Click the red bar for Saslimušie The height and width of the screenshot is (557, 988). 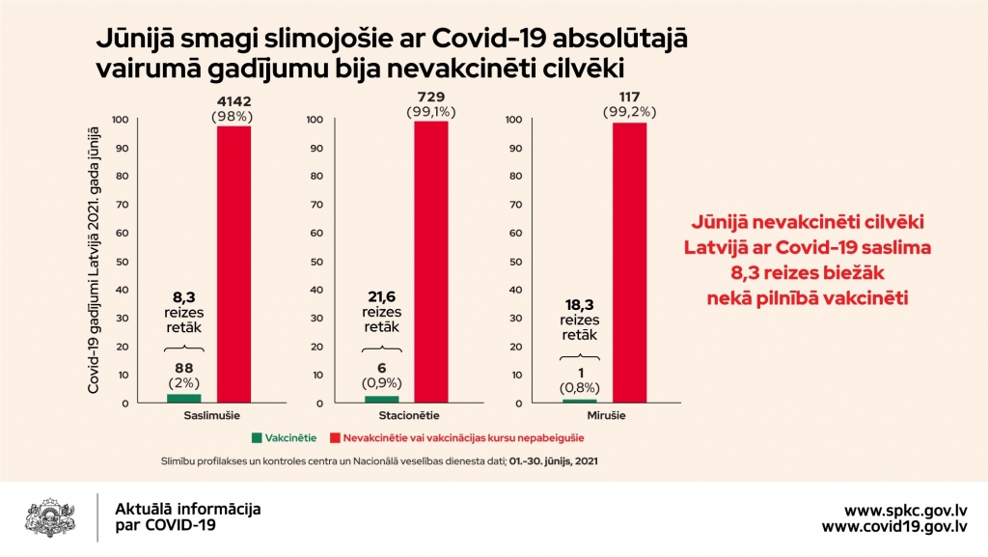click(233, 264)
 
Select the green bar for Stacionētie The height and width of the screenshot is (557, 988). click(381, 399)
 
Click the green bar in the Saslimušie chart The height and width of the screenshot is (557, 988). click(182, 398)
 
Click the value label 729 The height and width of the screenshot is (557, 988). click(430, 97)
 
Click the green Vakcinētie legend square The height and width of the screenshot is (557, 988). click(256, 435)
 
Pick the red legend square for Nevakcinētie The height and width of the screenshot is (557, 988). click(337, 435)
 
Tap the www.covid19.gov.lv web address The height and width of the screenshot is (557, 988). click(894, 526)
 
